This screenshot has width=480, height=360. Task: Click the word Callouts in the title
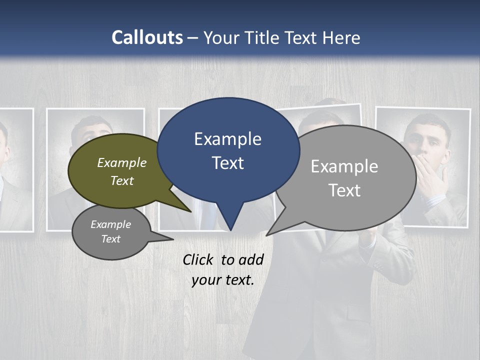click(x=147, y=37)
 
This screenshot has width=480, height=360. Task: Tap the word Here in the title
click(x=341, y=37)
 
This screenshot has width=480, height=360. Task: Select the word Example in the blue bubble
click(x=227, y=139)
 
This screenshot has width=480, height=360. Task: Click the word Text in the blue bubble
click(x=227, y=163)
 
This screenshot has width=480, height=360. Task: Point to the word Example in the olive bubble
click(x=122, y=162)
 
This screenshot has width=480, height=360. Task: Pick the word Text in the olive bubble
click(x=122, y=180)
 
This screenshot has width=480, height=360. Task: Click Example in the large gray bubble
click(x=344, y=166)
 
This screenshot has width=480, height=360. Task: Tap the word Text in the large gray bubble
click(x=344, y=190)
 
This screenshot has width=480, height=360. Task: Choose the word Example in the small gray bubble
click(x=110, y=224)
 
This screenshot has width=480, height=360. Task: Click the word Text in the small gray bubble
click(x=110, y=239)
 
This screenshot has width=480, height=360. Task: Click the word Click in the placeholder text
click(x=198, y=259)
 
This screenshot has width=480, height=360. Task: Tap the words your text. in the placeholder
click(x=222, y=280)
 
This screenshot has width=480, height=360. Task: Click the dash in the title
click(x=193, y=37)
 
